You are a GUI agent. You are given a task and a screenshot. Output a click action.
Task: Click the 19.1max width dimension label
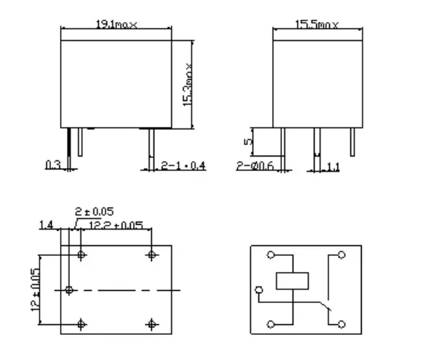click(x=116, y=25)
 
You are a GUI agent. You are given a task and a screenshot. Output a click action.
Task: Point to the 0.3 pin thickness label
click(x=53, y=164)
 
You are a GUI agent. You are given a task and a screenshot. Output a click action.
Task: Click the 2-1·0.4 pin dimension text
click(x=183, y=164)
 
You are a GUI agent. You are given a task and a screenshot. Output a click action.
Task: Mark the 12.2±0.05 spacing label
click(x=116, y=225)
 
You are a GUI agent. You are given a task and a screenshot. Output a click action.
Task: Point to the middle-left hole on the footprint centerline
click(x=69, y=289)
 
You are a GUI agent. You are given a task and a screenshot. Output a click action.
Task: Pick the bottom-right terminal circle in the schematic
click(x=341, y=323)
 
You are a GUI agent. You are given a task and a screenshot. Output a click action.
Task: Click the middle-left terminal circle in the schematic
click(x=259, y=289)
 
